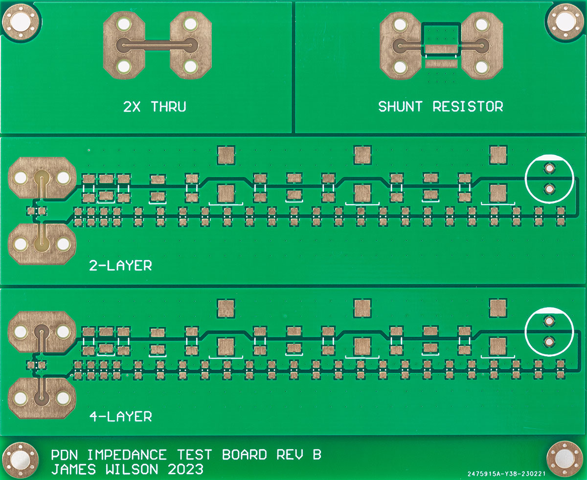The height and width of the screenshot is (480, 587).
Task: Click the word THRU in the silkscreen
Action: tap(168, 106)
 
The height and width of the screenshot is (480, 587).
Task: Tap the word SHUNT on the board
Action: tap(401, 106)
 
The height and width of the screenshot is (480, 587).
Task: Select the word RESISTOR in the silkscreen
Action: tap(468, 106)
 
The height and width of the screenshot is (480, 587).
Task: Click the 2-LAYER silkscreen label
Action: tap(120, 266)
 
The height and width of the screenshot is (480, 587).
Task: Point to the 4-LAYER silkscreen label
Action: tap(120, 417)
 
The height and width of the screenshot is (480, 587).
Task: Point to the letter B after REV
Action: tap(316, 455)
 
